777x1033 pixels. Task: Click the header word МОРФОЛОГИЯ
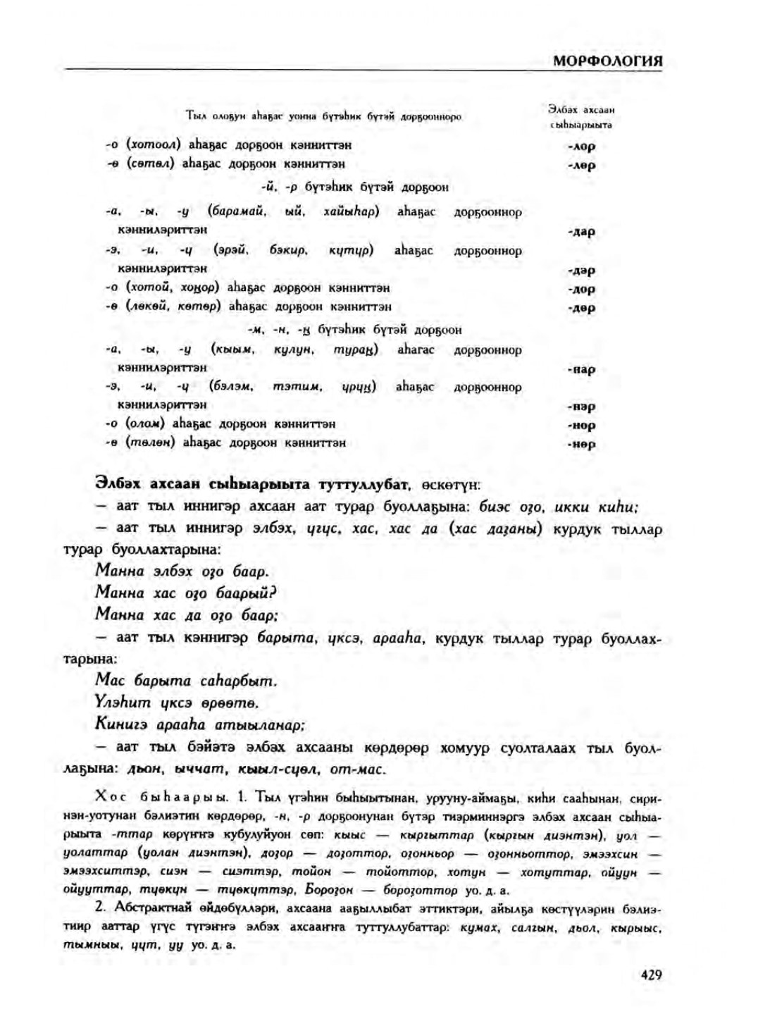pos(607,61)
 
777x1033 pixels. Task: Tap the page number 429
pos(651,975)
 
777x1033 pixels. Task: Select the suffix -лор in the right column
pos(581,147)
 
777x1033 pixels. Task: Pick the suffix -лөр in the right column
pos(581,166)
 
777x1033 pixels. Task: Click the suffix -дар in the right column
pos(581,231)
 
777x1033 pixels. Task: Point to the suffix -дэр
pos(581,270)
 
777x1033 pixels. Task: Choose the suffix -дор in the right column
pos(581,289)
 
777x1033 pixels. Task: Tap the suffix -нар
pos(581,369)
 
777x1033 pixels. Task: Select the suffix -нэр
pos(581,407)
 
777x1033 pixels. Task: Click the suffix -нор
pos(581,426)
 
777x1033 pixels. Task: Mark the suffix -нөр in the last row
pos(581,445)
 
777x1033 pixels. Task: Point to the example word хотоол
pos(154,144)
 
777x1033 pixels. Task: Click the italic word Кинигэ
pos(120,724)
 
